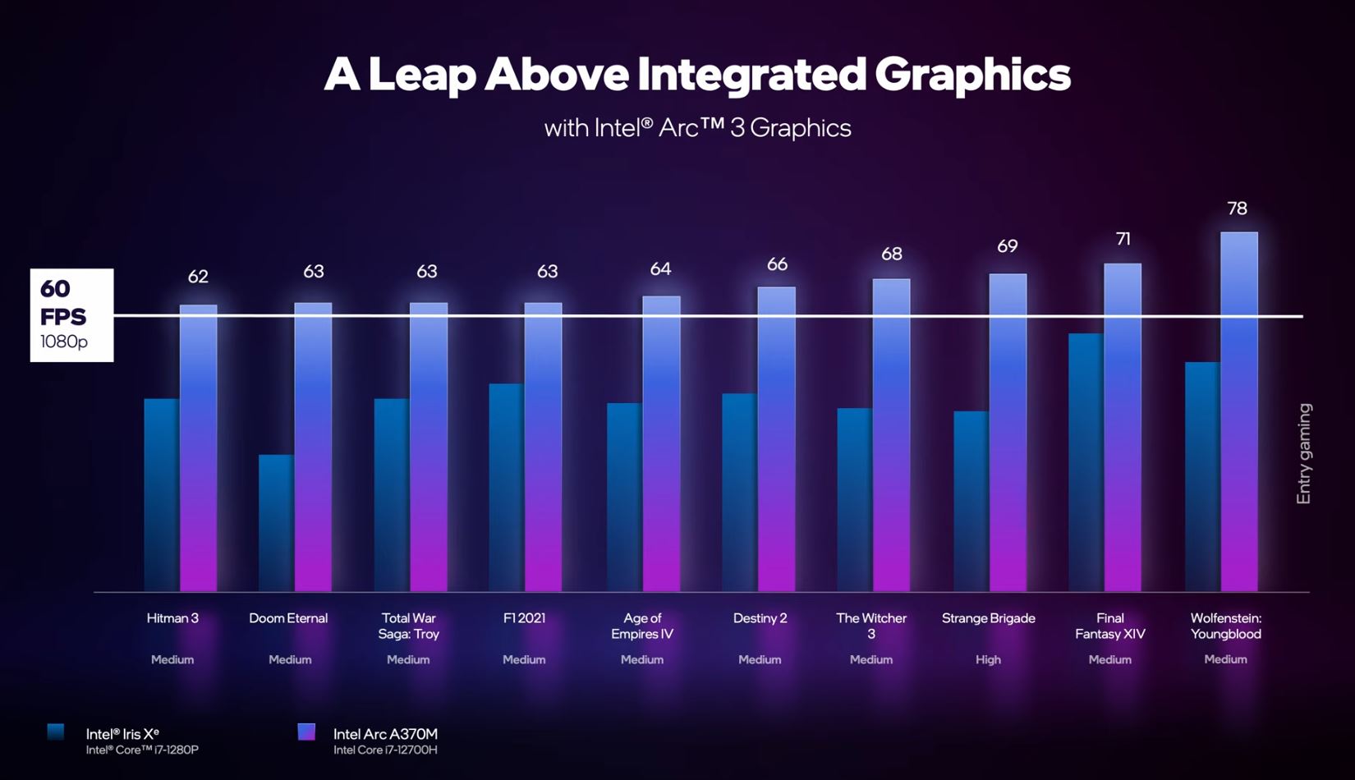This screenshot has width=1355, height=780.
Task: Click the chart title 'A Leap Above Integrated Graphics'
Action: tap(697, 74)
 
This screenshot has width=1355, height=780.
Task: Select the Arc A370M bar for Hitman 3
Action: tap(198, 447)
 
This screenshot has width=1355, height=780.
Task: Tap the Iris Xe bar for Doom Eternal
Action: tap(276, 522)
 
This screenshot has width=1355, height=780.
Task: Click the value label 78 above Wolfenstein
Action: tap(1237, 209)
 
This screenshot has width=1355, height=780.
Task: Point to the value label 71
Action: tap(1123, 239)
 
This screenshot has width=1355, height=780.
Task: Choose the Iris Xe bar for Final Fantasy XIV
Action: tap(1086, 461)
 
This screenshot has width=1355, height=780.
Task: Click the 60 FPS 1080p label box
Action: tap(71, 315)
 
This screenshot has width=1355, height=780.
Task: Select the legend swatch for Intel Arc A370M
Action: tap(306, 732)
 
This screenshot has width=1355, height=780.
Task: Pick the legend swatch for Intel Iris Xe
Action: tap(56, 732)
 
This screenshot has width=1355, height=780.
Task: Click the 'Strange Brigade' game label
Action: tap(988, 618)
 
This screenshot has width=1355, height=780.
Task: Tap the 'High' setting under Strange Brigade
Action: tap(988, 659)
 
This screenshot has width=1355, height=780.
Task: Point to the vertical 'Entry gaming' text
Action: tap(1303, 454)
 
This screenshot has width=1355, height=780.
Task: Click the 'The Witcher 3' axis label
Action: tap(871, 626)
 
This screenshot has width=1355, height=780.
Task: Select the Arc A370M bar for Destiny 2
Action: tap(776, 439)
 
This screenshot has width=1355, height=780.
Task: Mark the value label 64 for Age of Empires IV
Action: tap(660, 269)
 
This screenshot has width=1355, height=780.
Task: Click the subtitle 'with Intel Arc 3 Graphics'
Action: tap(697, 128)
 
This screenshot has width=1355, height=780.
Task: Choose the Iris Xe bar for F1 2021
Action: tap(506, 487)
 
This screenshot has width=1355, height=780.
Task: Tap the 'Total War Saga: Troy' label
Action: tap(408, 626)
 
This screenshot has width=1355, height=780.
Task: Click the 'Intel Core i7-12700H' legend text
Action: tap(385, 750)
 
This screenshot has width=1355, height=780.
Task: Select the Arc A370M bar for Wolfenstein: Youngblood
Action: tap(1238, 411)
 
